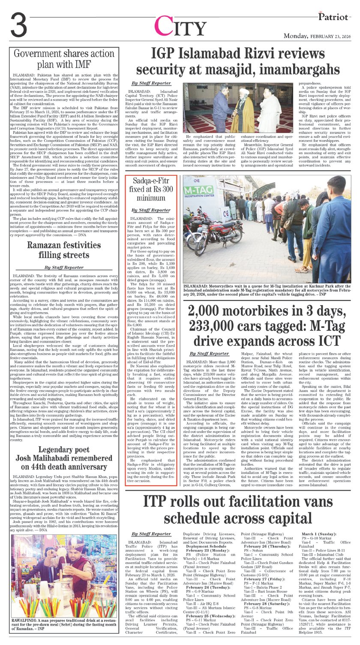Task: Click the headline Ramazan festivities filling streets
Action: [64, 251]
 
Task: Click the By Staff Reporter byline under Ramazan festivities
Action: [64, 267]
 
